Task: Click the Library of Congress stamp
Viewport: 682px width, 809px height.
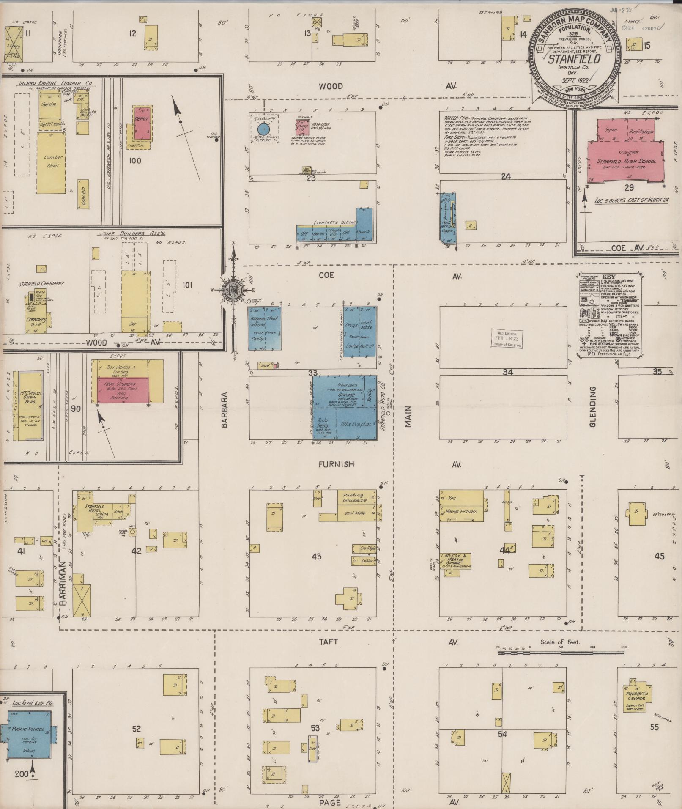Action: click(507, 339)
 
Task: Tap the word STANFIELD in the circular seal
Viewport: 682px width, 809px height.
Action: click(574, 59)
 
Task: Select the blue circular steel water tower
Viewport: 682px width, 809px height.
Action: click(264, 128)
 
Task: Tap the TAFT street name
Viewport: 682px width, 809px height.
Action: click(329, 642)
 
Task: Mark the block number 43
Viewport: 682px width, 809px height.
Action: click(316, 557)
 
